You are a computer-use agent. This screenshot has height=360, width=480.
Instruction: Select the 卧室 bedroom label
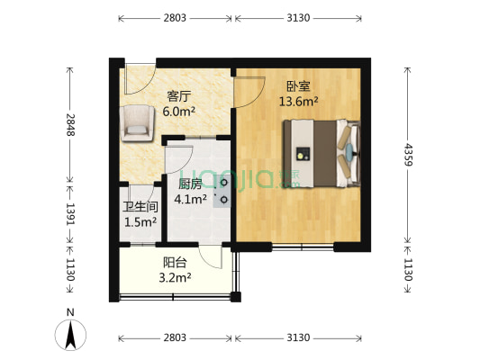(298, 86)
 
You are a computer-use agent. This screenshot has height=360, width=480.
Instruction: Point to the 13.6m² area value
(298, 102)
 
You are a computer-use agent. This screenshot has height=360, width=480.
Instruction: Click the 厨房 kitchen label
(190, 183)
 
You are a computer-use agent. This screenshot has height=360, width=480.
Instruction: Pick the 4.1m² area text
(190, 199)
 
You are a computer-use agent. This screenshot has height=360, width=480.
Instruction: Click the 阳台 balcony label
(175, 263)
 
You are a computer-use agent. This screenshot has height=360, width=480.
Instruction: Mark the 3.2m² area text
(175, 278)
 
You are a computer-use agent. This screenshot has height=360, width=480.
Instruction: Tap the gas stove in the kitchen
(222, 191)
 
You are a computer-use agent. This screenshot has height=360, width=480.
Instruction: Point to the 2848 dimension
(69, 123)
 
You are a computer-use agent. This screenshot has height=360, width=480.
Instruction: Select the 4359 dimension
(410, 155)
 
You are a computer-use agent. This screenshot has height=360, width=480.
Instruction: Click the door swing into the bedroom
(249, 88)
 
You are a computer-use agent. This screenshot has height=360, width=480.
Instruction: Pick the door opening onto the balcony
(210, 256)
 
